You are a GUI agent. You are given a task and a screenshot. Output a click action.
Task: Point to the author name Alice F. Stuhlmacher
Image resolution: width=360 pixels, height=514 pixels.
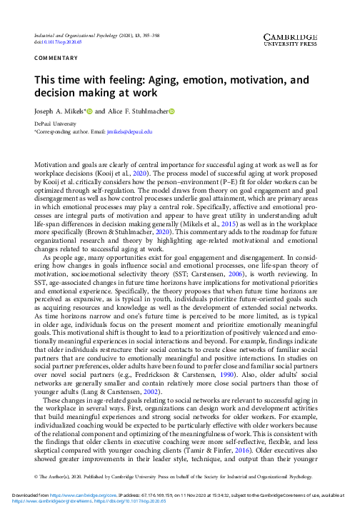click(138, 111)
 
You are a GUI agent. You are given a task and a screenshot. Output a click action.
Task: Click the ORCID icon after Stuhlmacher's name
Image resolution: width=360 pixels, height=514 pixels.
click(171, 111)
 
